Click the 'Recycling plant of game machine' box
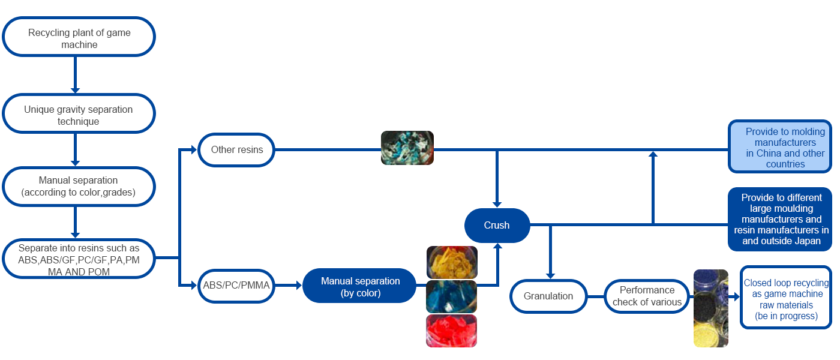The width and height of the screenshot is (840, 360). click(x=79, y=38)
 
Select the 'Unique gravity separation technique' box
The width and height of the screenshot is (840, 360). click(x=79, y=115)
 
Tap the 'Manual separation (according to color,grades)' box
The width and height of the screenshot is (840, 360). click(x=79, y=186)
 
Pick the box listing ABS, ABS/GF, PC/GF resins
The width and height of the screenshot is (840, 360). click(x=79, y=259)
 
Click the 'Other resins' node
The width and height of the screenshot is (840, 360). click(x=237, y=149)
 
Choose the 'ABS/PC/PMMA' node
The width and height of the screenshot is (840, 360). click(x=236, y=286)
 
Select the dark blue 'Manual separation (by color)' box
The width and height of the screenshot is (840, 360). click(x=360, y=286)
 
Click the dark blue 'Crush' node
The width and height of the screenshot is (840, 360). click(x=497, y=225)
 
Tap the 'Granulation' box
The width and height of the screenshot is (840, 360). click(x=548, y=295)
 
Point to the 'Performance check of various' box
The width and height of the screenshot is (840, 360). click(x=647, y=296)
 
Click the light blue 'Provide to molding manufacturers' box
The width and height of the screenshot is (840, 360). click(x=780, y=147)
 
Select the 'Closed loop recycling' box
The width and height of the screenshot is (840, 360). click(x=786, y=299)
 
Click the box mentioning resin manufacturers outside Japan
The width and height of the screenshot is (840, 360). click(x=781, y=219)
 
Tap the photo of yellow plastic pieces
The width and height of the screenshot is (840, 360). click(x=452, y=262)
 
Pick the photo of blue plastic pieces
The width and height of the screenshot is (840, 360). click(x=451, y=296)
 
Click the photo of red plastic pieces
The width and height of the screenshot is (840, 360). click(x=451, y=331)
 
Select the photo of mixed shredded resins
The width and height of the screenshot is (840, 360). click(x=407, y=148)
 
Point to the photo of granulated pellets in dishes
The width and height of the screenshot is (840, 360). click(x=710, y=308)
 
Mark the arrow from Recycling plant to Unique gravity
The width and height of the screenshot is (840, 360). click(x=75, y=75)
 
